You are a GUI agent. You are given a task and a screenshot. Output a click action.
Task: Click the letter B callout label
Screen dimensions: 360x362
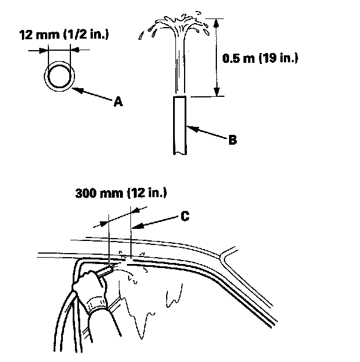pyautogui.click(x=232, y=139)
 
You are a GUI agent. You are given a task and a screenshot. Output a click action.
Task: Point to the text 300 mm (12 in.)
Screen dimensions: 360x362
pyautogui.click(x=121, y=193)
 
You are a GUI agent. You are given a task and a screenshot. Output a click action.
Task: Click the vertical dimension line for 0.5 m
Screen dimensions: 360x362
pyautogui.click(x=217, y=58)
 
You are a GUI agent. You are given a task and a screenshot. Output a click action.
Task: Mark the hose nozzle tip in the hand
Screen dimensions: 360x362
pyautogui.click(x=108, y=268)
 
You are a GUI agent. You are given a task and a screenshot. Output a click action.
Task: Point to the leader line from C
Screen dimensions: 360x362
pyautogui.click(x=156, y=222)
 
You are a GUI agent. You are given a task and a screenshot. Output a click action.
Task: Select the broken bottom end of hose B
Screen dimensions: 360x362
pyautogui.click(x=179, y=152)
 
